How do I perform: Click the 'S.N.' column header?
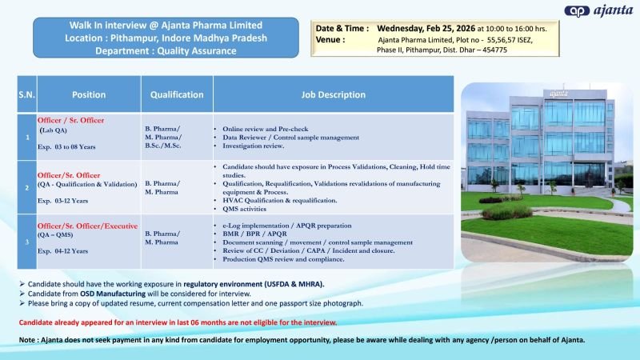(26, 94)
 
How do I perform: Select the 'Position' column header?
(89, 94)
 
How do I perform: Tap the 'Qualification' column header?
(177, 94)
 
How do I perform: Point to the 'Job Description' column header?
(333, 94)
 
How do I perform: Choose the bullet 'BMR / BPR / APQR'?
(255, 234)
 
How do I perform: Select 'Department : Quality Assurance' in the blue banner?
(166, 50)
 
